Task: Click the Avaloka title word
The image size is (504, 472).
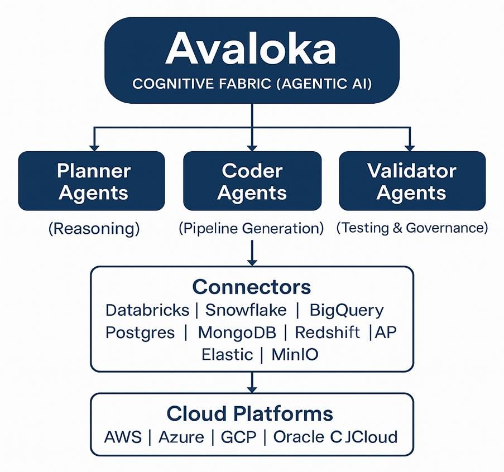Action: (251, 49)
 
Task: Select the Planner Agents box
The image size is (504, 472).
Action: (92, 181)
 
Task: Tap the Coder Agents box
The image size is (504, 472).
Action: (252, 181)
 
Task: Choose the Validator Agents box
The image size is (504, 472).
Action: (412, 181)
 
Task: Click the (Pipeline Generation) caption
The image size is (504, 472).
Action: (251, 228)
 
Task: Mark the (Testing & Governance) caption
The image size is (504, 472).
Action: (412, 228)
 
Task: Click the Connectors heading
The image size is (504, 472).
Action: (251, 287)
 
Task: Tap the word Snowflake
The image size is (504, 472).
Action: (246, 310)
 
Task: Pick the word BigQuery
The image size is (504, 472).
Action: (347, 310)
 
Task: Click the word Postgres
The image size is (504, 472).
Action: (140, 333)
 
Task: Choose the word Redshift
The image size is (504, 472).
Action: (328, 333)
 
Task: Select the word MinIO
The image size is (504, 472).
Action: (295, 354)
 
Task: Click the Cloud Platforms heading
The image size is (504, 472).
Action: (250, 413)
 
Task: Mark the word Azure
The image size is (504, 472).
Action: (181, 436)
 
